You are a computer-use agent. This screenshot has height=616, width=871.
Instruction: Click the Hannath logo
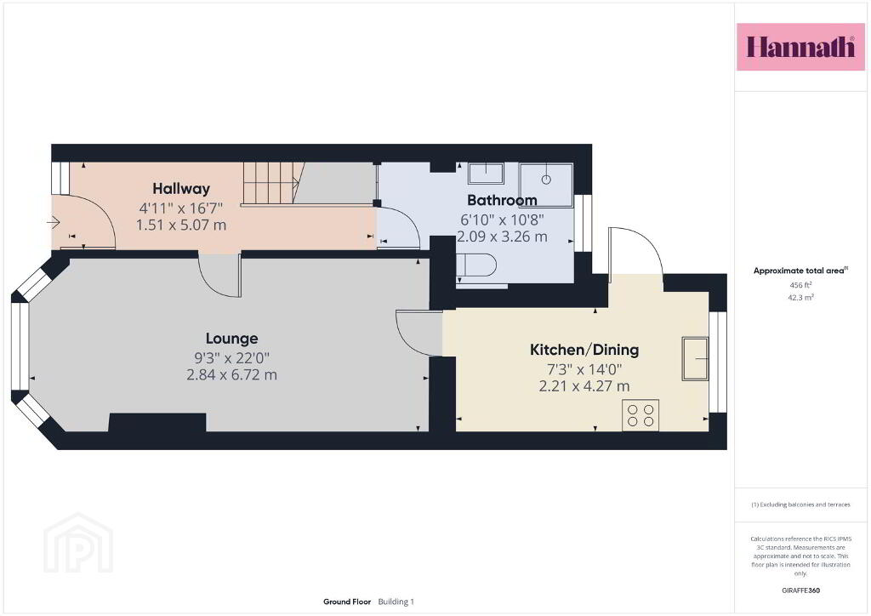(800, 47)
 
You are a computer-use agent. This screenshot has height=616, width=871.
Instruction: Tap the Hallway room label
(181, 189)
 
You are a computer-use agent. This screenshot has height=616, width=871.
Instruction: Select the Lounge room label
(231, 339)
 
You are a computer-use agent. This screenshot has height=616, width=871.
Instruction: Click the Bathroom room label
(502, 200)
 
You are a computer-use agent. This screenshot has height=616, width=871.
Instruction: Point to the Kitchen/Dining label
(584, 350)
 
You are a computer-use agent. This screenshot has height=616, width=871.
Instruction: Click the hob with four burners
(640, 415)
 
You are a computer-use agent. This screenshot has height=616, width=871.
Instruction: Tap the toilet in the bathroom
(476, 265)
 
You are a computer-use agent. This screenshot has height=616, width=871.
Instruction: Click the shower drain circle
(546, 180)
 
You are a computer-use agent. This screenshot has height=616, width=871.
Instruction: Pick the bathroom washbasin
(486, 174)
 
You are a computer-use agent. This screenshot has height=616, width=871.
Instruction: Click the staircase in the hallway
(273, 183)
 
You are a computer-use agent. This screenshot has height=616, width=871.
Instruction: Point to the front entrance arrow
(54, 223)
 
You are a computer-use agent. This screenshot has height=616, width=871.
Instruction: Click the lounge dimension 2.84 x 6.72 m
(231, 375)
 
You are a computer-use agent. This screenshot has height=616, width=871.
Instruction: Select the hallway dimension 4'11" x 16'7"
(181, 208)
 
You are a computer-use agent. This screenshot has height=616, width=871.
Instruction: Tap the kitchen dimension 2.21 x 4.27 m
(584, 386)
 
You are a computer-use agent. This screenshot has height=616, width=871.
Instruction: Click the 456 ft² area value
(800, 285)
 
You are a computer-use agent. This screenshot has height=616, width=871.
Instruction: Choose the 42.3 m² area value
(800, 297)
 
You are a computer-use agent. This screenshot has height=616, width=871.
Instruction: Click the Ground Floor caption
(347, 602)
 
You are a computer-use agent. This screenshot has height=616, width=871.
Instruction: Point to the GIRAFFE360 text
(800, 590)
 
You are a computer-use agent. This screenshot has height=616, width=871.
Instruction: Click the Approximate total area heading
(800, 271)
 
